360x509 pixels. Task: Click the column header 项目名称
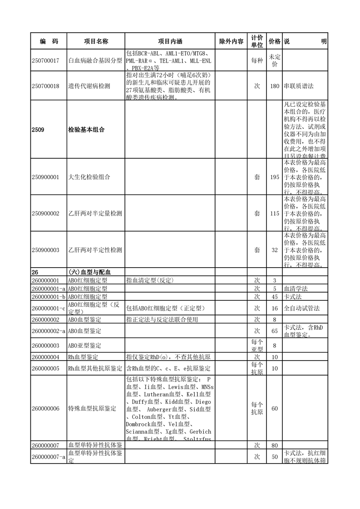click(x=96, y=41)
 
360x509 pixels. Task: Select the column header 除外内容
click(x=231, y=41)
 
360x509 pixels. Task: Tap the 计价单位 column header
click(x=256, y=41)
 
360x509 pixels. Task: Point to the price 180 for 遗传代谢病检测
click(x=274, y=86)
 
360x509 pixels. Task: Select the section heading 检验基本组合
click(x=86, y=130)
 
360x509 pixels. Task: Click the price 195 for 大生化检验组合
click(x=274, y=177)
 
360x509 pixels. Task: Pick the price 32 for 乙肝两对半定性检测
click(x=274, y=250)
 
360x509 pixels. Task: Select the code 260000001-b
click(x=49, y=297)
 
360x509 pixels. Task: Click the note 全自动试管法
click(x=302, y=308)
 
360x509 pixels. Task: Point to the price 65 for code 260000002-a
click(x=274, y=331)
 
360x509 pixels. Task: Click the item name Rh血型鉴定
click(x=83, y=357)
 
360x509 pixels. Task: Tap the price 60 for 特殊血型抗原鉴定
click(x=274, y=408)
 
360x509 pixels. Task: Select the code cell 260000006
click(x=46, y=408)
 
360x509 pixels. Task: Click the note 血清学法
click(x=296, y=289)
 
